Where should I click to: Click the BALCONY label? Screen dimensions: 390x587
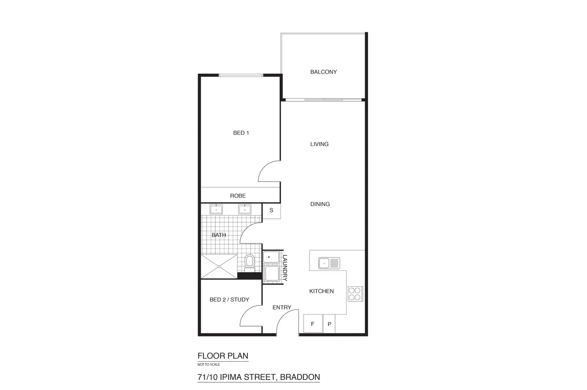pos(323,72)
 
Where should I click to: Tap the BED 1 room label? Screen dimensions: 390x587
pos(241,133)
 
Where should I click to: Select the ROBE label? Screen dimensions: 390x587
pos(238,196)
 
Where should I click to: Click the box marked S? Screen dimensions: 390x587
pos(271,211)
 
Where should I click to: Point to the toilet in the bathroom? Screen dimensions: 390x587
pos(249,262)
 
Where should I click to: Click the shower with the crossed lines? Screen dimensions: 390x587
pos(219,266)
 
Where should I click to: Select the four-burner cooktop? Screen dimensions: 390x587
pos(355,293)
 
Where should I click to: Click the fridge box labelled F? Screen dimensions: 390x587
pos(313,324)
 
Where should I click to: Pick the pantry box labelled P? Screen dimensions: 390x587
pos(329,324)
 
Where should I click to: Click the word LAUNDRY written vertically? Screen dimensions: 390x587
pos(284,268)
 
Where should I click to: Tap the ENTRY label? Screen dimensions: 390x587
pos(282,307)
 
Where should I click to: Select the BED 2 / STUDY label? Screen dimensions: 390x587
pos(229,300)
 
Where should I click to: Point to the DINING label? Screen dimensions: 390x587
pos(320,204)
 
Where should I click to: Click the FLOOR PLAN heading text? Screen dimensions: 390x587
pos(223,356)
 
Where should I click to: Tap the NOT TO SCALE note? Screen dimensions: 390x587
pos(208,364)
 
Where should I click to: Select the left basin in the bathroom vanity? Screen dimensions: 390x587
pos(216,210)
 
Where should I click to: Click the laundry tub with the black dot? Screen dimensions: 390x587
pos(270,257)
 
